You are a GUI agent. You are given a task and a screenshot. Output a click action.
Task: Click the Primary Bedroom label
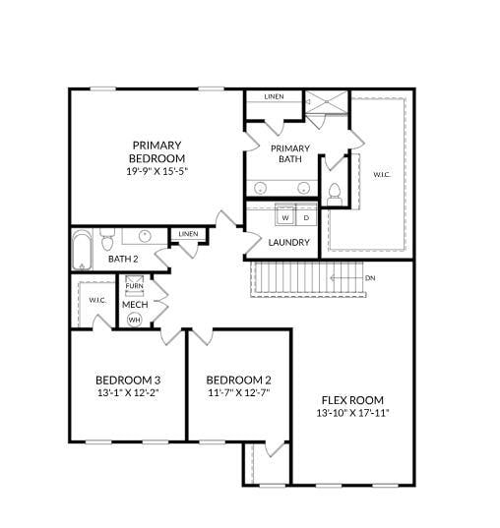pos(156,151)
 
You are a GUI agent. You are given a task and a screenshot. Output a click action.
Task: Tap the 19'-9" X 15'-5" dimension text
pos(156,170)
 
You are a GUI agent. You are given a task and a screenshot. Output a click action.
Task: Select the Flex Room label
pos(351,400)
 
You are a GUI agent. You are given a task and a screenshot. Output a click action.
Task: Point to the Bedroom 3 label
pos(128,381)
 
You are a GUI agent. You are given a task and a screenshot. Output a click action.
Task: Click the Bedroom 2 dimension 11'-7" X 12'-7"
pos(238,392)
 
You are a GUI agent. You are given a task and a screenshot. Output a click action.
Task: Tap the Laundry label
pos(288,242)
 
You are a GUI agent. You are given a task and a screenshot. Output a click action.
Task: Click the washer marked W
pos(284,217)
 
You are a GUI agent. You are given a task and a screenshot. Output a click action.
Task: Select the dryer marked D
pos(305,217)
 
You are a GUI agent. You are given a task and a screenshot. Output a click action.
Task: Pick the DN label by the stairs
pos(370,278)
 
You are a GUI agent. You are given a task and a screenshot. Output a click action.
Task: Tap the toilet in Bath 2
pos(107,236)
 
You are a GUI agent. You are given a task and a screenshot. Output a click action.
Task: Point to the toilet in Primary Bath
pos(335,193)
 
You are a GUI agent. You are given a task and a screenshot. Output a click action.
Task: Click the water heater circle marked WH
pos(134,320)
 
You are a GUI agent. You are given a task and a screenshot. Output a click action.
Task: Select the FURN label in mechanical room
pos(134,286)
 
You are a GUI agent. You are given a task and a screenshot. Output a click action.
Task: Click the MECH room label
pos(134,304)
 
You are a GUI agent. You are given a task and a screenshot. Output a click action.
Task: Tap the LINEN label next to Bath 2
pos(188,234)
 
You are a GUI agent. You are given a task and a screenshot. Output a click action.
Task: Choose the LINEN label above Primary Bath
pos(274,96)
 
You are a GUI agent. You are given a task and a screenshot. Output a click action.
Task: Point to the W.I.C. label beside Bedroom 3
pos(96,300)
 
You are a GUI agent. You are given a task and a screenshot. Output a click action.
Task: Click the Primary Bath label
pos(289,153)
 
